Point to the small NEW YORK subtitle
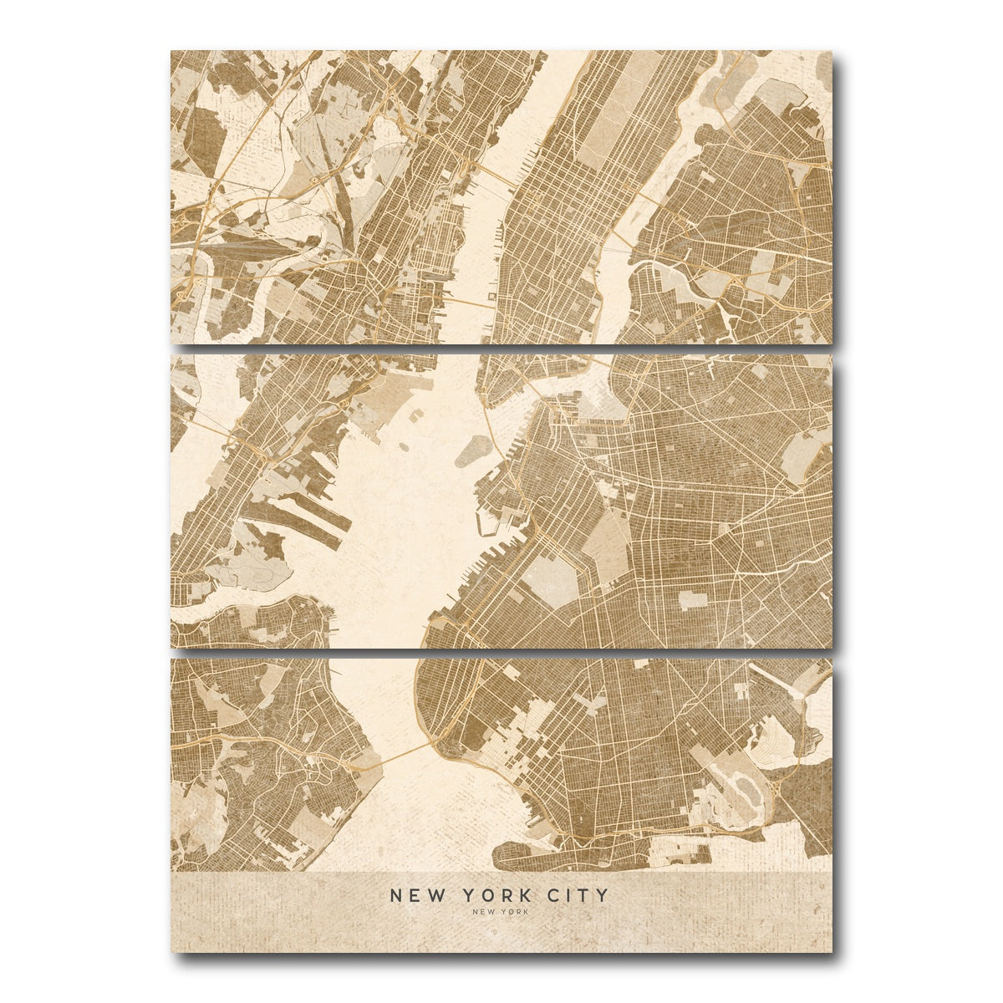(x=500, y=912)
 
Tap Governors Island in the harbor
(x=474, y=452)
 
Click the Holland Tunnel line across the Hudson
(x=468, y=298)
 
